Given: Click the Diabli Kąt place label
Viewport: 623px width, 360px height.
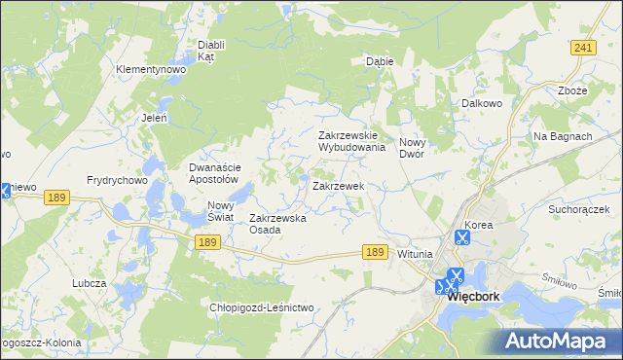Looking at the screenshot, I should click(211, 51).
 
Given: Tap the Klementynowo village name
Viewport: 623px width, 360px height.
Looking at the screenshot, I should click(150, 70).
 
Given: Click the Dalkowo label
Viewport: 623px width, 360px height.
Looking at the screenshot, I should click(481, 102).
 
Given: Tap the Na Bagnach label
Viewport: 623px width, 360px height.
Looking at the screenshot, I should click(563, 136).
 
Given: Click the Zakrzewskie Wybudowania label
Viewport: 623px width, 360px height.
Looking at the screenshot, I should click(352, 142).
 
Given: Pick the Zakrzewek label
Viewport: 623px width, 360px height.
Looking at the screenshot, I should click(338, 185).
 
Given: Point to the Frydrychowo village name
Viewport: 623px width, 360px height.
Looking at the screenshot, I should click(117, 181).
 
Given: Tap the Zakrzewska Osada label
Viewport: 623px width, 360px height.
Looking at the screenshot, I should click(278, 224).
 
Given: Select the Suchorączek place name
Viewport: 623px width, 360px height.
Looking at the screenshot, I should click(578, 209).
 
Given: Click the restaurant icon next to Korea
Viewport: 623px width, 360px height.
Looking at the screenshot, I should click(461, 236).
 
